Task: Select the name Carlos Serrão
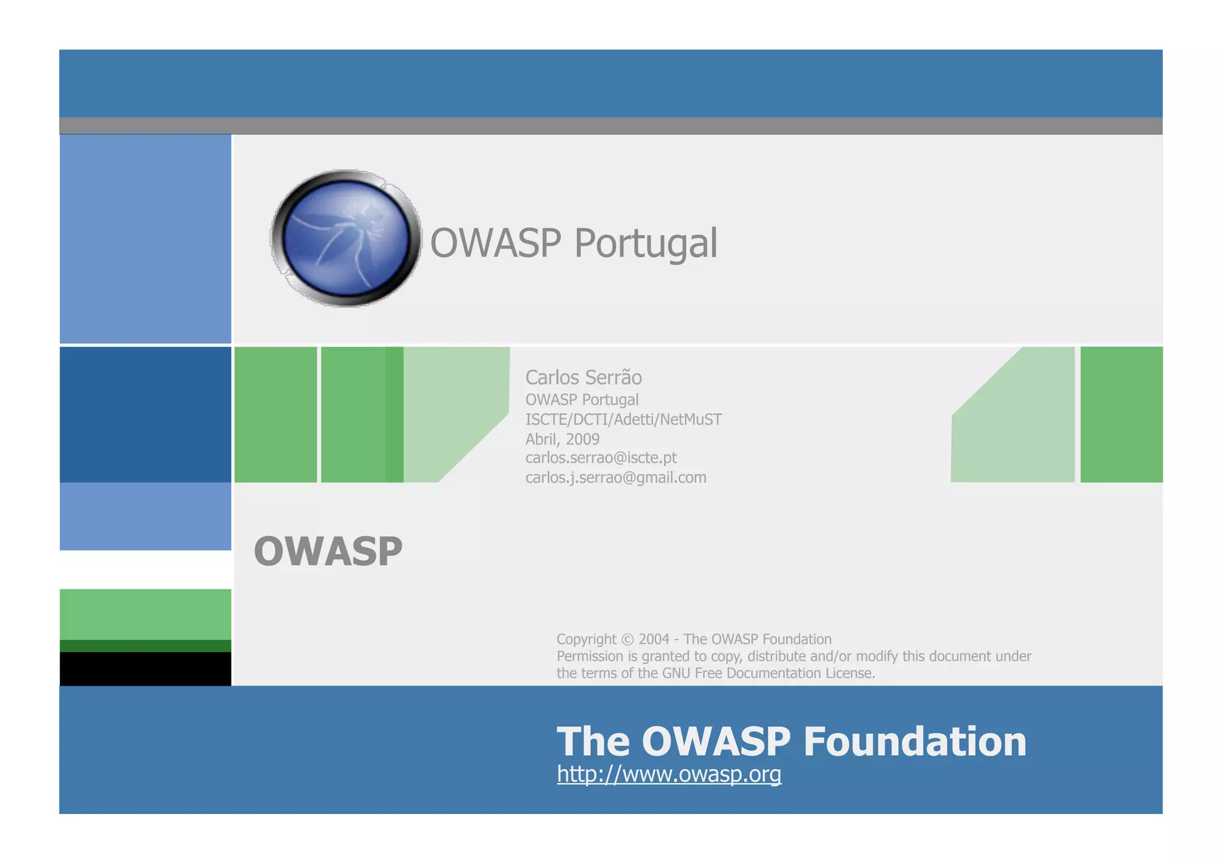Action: point(583,378)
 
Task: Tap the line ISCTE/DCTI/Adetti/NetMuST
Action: point(623,419)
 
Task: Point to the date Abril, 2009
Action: point(562,439)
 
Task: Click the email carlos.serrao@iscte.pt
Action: point(601,458)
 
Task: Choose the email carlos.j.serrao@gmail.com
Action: point(615,478)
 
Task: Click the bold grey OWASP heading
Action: point(328,551)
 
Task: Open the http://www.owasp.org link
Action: point(669,774)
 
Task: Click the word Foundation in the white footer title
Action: point(915,741)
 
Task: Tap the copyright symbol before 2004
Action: point(627,639)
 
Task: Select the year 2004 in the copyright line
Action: point(654,639)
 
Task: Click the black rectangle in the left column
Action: point(145,669)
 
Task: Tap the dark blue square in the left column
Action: point(145,415)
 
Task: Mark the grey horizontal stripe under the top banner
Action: point(610,126)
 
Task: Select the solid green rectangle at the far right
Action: point(1121,415)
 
